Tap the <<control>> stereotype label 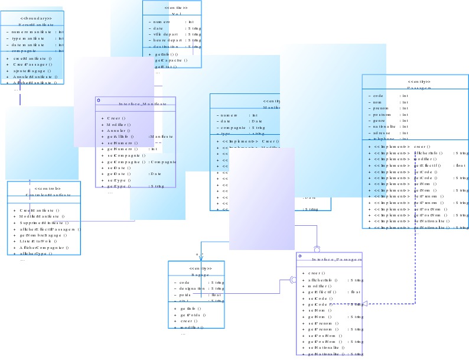[43, 189]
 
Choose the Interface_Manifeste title [139, 103]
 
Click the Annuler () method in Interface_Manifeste [119, 131]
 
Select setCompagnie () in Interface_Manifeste [126, 155]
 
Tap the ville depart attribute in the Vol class [166, 34]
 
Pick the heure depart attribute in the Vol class [168, 40]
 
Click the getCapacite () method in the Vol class [171, 60]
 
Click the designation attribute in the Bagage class [193, 288]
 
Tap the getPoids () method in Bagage [190, 315]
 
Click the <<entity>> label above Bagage [197, 268]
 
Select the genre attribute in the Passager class [379, 120]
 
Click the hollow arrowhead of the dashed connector [365, 303]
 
